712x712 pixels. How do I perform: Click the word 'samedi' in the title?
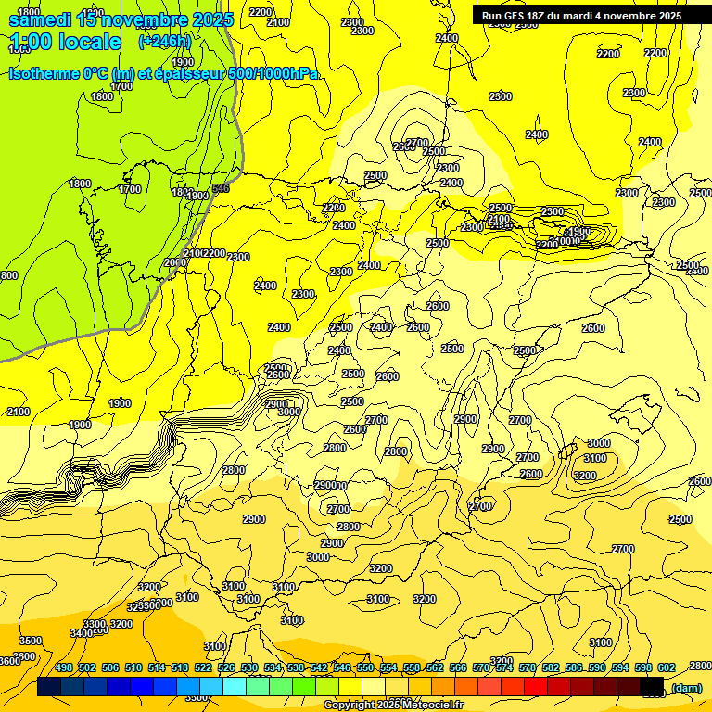pyautogui.click(x=39, y=19)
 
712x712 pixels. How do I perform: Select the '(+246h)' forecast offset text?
pyautogui.click(x=164, y=42)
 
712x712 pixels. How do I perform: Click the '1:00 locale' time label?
pyautogui.click(x=64, y=42)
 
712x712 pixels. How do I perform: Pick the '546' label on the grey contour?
pyautogui.click(x=221, y=188)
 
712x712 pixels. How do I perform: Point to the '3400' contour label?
pyautogui.click(x=82, y=633)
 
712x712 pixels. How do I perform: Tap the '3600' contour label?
pyautogui.click(x=9, y=661)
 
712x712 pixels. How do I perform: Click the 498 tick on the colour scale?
pyautogui.click(x=64, y=667)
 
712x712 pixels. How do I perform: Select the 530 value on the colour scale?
pyautogui.click(x=249, y=667)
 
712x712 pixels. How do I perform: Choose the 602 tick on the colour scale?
pyautogui.click(x=667, y=667)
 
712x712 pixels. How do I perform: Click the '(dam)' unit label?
pyautogui.click(x=686, y=688)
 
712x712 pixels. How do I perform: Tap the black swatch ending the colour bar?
pyautogui.click(x=652, y=687)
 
